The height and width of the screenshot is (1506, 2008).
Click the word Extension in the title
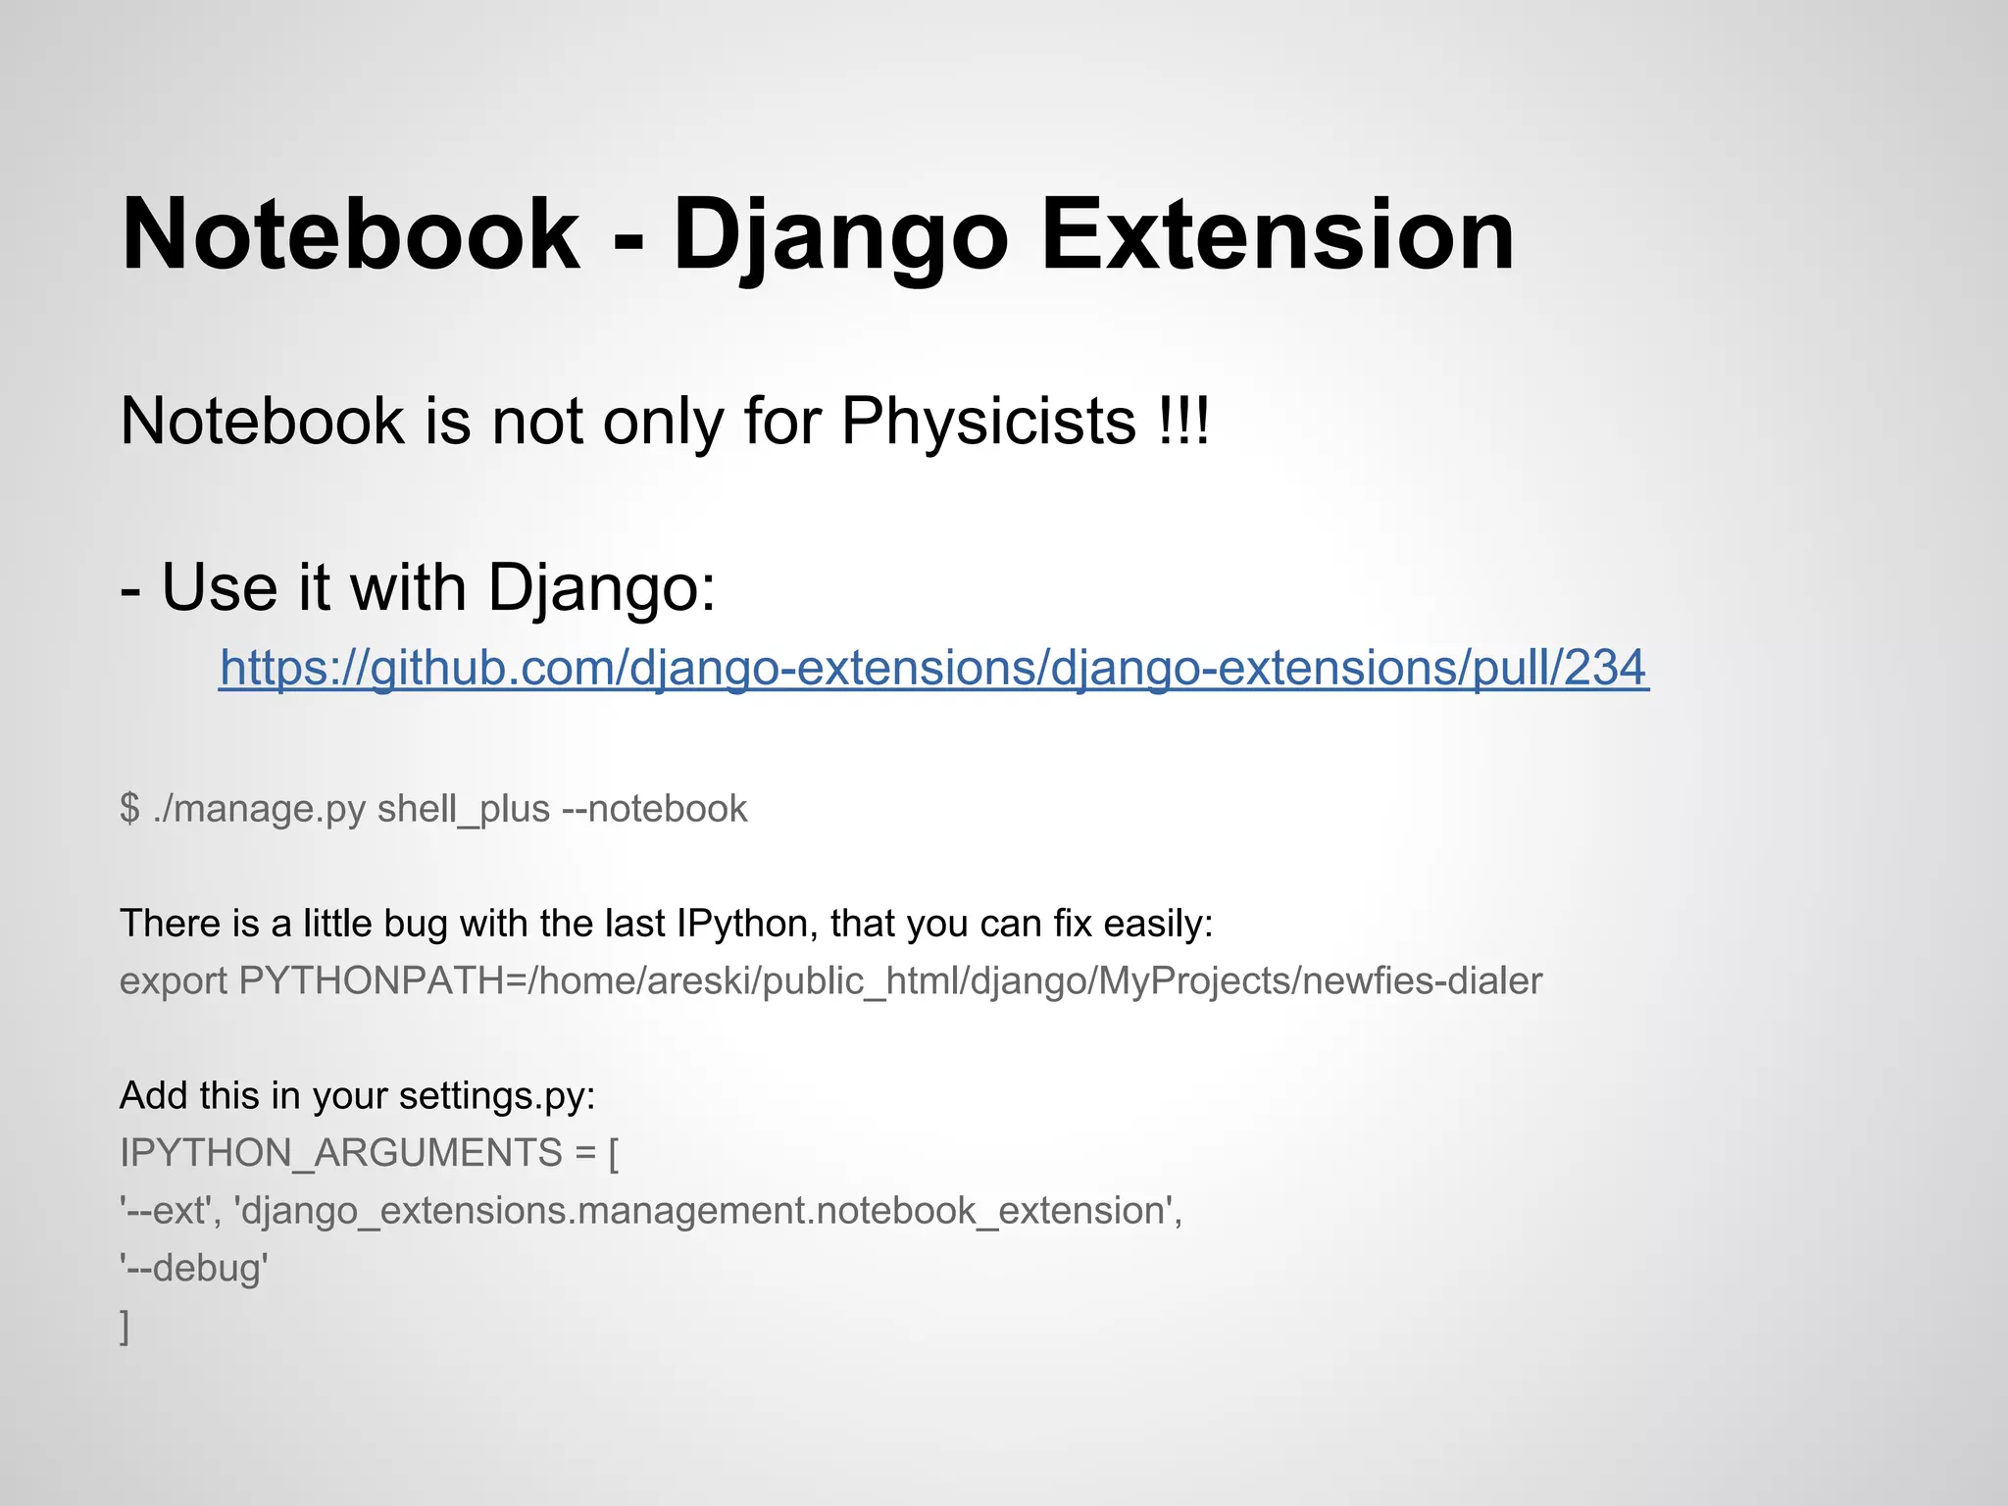(1277, 235)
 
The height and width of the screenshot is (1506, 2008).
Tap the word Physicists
(988, 422)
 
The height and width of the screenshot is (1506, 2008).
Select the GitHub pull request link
(933, 668)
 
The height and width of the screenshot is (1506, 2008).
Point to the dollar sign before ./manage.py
(129, 809)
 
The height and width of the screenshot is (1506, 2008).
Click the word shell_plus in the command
(464, 809)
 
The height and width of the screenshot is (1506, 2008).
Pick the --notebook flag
(654, 809)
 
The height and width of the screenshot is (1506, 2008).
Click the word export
(174, 980)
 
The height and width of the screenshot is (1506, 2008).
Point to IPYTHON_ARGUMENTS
(340, 1153)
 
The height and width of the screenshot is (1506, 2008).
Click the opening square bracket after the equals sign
(614, 1153)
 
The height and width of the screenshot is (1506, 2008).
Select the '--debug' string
(194, 1268)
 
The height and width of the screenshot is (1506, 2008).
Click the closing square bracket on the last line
(125, 1327)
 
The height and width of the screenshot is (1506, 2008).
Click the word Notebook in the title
(350, 235)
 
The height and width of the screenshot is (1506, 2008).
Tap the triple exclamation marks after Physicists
(1183, 422)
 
